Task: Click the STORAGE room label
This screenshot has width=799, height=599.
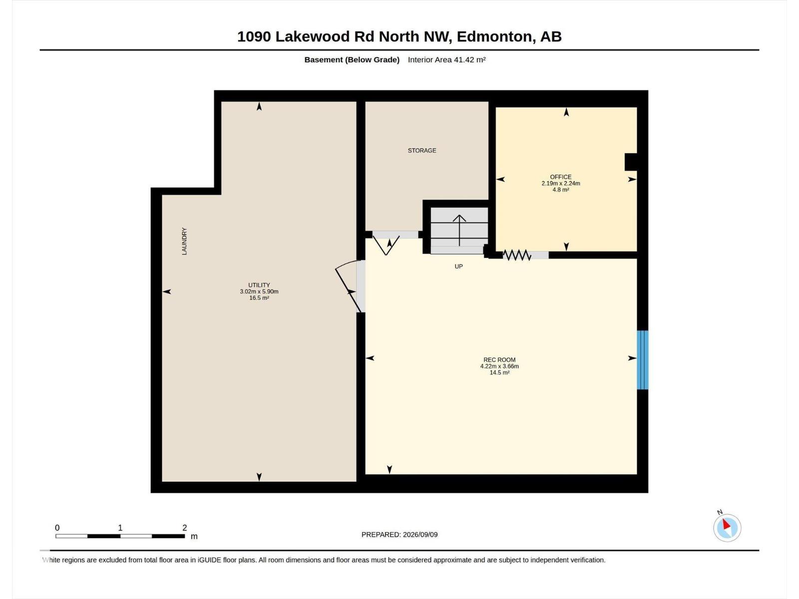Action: click(422, 150)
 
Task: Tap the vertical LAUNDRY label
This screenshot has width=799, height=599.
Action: click(184, 241)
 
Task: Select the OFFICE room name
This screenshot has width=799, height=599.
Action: click(561, 177)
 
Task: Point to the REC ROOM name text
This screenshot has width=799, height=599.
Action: click(499, 360)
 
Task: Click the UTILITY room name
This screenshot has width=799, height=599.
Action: click(259, 285)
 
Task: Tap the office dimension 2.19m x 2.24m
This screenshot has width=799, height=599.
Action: click(561, 183)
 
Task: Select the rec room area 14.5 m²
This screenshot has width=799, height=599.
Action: click(499, 372)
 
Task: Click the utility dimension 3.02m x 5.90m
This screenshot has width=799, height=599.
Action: click(259, 292)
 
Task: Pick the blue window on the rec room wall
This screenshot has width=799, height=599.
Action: click(643, 360)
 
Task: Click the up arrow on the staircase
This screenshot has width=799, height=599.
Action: click(459, 230)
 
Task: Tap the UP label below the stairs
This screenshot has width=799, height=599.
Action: click(458, 266)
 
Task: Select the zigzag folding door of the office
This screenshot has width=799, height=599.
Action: click(517, 255)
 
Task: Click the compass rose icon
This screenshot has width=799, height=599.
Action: click(727, 528)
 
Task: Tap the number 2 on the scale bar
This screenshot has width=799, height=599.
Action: click(185, 527)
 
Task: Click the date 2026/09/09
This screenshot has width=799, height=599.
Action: click(420, 534)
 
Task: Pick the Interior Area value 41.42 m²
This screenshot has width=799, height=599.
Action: click(470, 59)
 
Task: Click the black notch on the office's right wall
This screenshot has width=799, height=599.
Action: click(631, 162)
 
